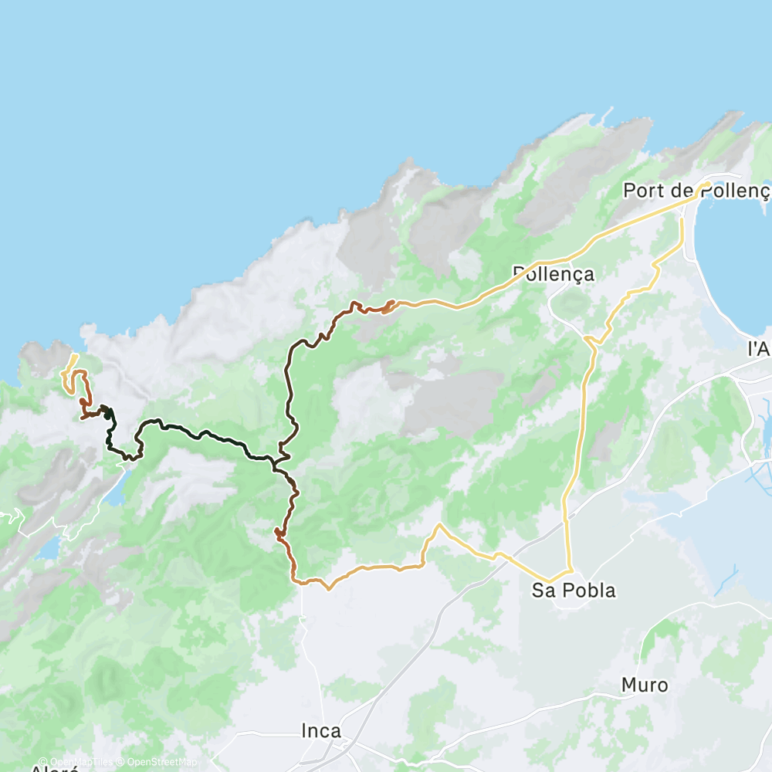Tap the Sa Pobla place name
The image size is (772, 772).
click(574, 591)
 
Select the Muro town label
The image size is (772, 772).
click(645, 685)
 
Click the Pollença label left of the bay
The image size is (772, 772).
click(554, 273)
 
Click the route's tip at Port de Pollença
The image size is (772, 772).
click(706, 183)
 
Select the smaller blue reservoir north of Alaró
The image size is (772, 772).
click(48, 548)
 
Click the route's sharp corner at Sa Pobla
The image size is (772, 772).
click(551, 581)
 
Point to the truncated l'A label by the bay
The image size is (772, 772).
click(760, 349)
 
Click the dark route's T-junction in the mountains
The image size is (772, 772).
click(276, 460)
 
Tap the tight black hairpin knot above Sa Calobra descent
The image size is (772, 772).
click(106, 411)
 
